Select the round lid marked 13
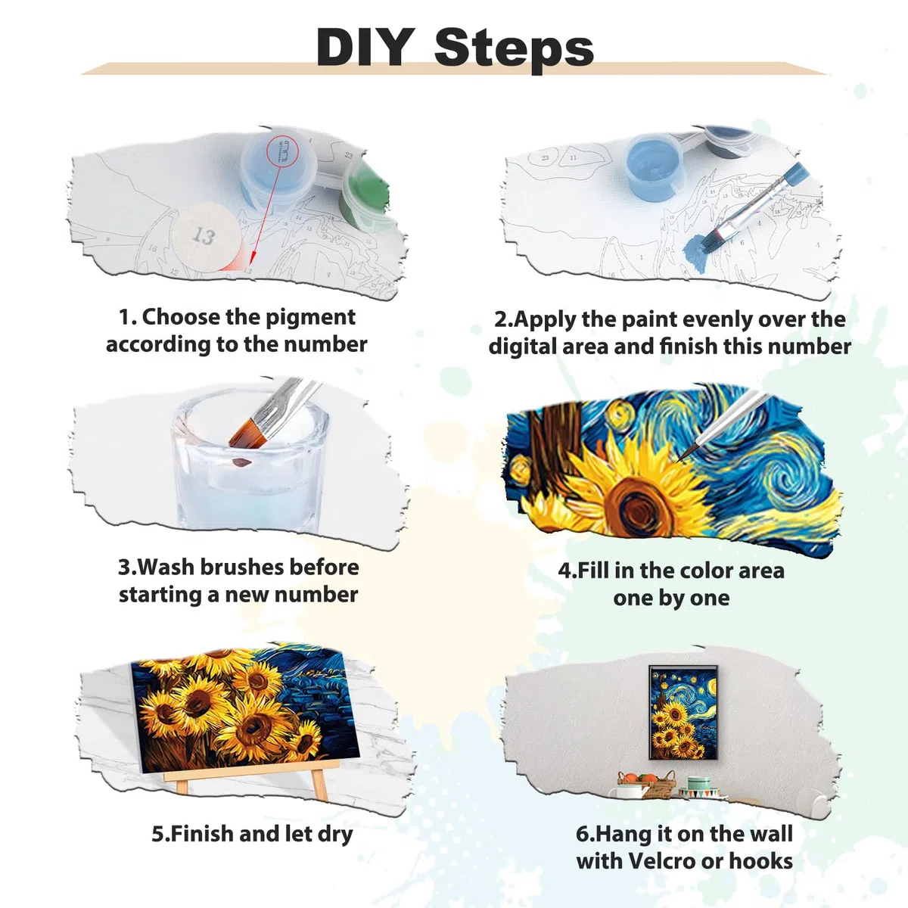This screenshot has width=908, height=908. pyautogui.click(x=207, y=237)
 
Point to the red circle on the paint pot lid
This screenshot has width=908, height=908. pyautogui.click(x=283, y=149)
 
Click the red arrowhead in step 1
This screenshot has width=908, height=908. pyautogui.click(x=251, y=257)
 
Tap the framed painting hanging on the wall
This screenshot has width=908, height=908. pyautogui.click(x=683, y=712)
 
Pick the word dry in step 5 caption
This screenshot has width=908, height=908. pyautogui.click(x=335, y=835)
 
